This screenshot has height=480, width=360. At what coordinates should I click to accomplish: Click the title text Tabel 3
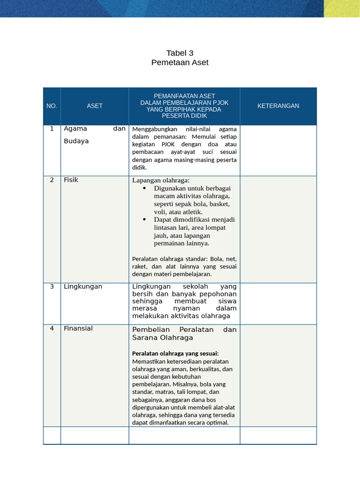[180, 53]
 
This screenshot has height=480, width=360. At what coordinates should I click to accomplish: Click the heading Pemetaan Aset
[180, 62]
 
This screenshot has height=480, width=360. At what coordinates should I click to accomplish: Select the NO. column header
[52, 106]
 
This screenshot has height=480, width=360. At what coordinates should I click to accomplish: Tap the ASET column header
[95, 106]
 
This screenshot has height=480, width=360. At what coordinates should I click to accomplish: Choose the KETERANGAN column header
[278, 106]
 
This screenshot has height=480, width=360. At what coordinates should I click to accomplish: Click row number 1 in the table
[52, 128]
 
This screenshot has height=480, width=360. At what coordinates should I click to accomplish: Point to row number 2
[52, 180]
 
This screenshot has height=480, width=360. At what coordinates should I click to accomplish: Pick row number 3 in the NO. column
[52, 286]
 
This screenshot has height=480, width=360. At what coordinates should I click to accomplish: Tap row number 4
[52, 329]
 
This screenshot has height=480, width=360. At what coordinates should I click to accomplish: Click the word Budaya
[76, 141]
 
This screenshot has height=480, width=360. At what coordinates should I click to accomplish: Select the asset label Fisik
[71, 180]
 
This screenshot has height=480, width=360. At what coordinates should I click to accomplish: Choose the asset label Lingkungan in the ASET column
[83, 286]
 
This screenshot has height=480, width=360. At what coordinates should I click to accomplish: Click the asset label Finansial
[78, 329]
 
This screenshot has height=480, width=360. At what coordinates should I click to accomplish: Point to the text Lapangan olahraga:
[161, 180]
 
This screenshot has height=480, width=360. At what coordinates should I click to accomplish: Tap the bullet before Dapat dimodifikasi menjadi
[144, 219]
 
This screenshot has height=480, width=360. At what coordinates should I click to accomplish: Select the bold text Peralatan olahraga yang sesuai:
[175, 353]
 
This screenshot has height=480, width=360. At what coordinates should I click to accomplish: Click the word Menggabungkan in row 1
[150, 129]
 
